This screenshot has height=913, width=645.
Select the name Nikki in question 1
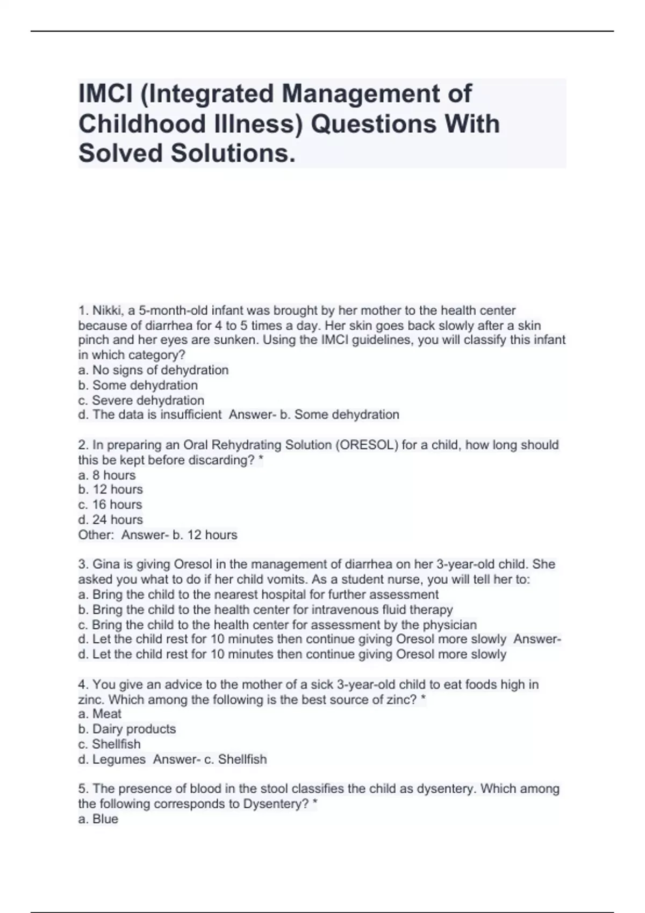click(x=106, y=310)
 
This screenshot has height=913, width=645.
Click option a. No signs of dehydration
click(x=153, y=370)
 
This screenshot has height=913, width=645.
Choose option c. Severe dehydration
click(x=141, y=400)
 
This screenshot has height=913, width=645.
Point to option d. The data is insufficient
click(x=149, y=415)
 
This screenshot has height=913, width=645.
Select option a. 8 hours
click(x=106, y=475)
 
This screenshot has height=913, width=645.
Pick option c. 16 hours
click(x=110, y=505)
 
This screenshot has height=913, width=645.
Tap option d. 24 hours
click(x=110, y=520)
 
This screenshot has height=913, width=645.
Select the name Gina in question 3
click(x=105, y=564)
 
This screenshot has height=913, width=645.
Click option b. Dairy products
click(x=127, y=729)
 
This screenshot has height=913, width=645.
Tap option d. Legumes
click(x=112, y=759)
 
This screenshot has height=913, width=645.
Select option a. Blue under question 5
click(x=98, y=819)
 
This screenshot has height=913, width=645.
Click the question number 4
click(x=83, y=685)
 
